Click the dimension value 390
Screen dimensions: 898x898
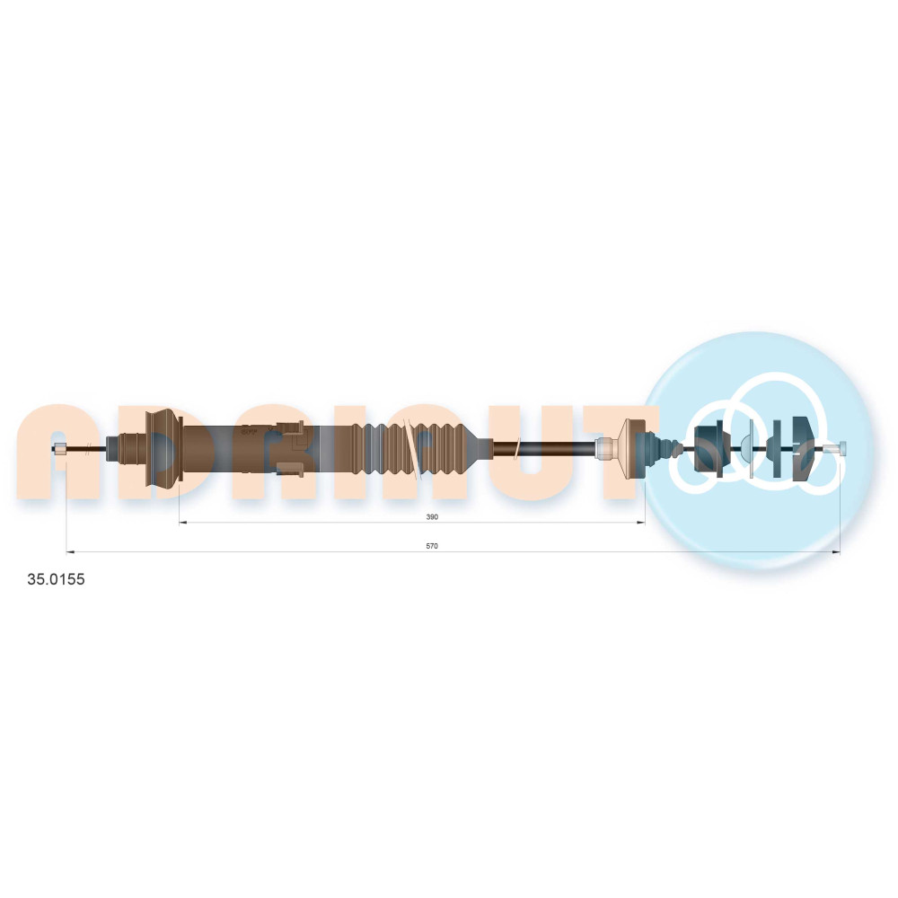432,517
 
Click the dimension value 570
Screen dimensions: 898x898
432,546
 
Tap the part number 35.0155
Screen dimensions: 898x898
56,579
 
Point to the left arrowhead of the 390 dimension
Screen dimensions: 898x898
183,523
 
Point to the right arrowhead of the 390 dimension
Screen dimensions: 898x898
641,523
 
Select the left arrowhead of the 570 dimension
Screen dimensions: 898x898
70,552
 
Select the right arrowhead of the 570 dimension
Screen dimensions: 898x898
836,552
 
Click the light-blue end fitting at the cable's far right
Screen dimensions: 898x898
842,448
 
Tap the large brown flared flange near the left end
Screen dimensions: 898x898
164,449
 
